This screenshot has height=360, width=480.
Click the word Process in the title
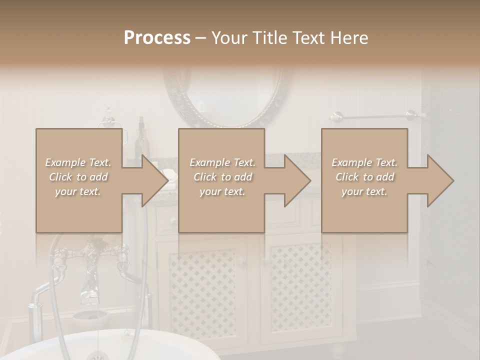pyautogui.click(x=157, y=38)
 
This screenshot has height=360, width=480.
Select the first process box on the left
pyautogui.click(x=79, y=210)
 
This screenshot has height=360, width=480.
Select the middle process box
pyautogui.click(x=221, y=210)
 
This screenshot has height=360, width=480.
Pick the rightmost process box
pyautogui.click(x=364, y=210)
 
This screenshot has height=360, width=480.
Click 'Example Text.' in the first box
pyautogui.click(x=78, y=162)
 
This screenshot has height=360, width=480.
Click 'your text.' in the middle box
pyautogui.click(x=222, y=191)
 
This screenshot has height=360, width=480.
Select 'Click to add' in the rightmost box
pyautogui.click(x=364, y=177)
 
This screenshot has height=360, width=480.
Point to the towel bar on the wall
pyautogui.click(x=375, y=116)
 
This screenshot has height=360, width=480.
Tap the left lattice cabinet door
pyautogui.click(x=202, y=290)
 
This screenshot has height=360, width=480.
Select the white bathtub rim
pyautogui.click(x=125, y=340)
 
